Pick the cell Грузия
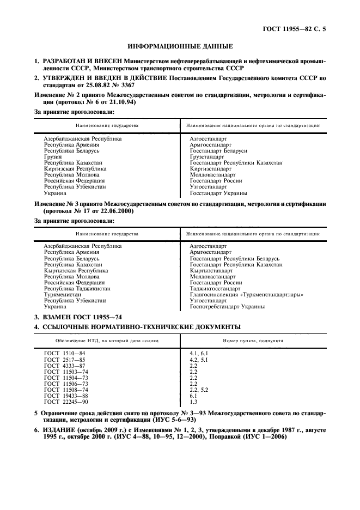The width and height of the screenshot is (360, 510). (x=53, y=156)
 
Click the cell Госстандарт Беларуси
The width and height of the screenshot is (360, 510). (x=218, y=150)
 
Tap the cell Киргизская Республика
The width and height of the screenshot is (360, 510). (x=75, y=168)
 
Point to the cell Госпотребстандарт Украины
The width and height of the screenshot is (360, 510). (x=227, y=306)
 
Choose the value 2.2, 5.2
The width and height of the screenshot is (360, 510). (x=199, y=390)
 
